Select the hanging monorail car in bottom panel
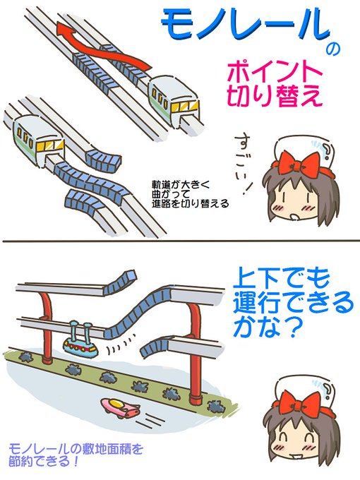(82, 344)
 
